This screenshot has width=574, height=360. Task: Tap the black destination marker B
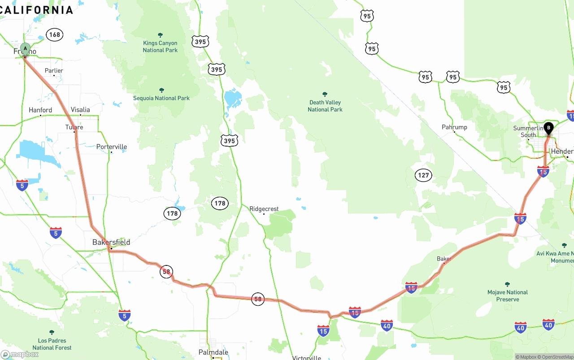click(548, 128)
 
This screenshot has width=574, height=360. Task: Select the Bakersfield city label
click(111, 242)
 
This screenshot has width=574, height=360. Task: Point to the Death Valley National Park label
click(325, 106)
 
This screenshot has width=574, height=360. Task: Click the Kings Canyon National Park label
click(160, 47)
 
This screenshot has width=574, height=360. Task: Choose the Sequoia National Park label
click(161, 98)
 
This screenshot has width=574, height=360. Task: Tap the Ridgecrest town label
click(264, 209)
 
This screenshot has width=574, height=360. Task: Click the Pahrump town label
click(454, 127)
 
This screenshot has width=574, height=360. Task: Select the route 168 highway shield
click(54, 35)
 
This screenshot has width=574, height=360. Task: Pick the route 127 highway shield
click(423, 175)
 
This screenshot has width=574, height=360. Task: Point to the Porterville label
click(112, 147)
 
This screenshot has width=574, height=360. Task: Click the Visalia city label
click(80, 110)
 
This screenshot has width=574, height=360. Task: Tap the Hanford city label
click(40, 110)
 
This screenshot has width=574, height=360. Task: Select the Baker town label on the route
click(444, 259)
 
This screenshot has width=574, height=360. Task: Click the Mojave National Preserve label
click(508, 295)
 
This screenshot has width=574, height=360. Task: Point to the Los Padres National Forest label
click(52, 344)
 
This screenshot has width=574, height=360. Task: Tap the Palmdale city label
click(213, 352)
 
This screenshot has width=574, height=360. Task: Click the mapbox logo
click(20, 354)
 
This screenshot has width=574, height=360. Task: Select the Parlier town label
click(54, 71)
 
